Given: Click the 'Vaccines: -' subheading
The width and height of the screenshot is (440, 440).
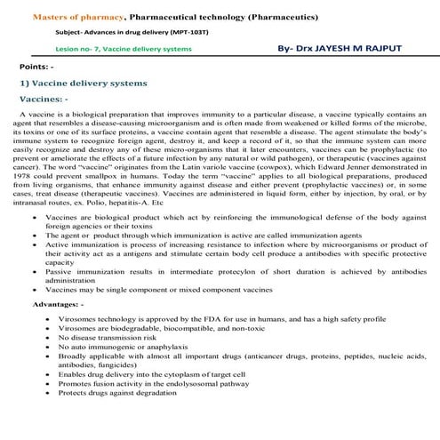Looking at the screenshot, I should (x=44, y=100).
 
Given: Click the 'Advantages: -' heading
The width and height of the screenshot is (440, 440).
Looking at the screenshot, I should (x=57, y=304).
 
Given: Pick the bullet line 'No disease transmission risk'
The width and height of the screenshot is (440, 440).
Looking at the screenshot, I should (x=111, y=337).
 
